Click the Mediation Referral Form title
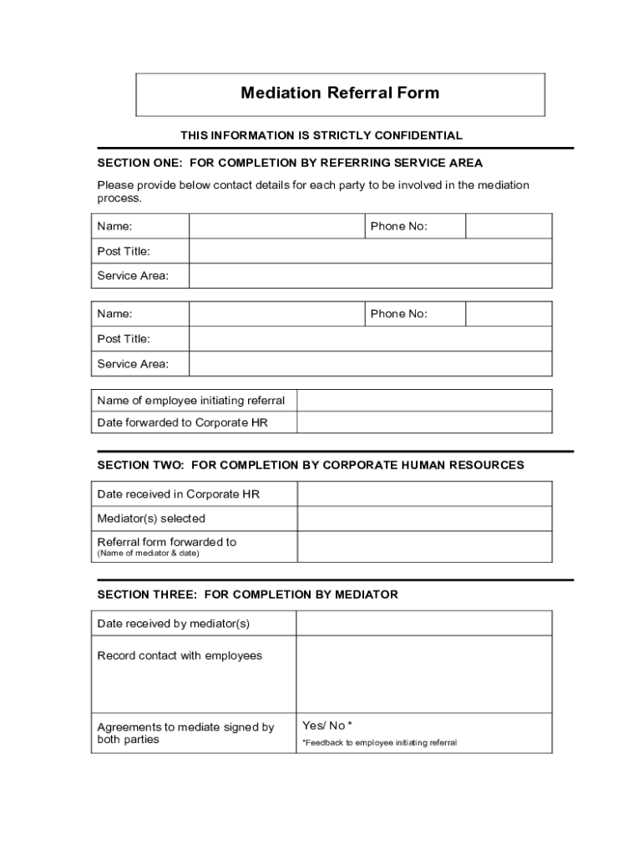[340, 93]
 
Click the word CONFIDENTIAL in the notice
[419, 135]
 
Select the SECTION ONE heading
[290, 163]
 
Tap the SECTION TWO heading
[311, 465]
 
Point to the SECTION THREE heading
[247, 594]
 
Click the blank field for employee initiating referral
[424, 401]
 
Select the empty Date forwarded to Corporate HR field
[424, 422]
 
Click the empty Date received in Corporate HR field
[424, 494]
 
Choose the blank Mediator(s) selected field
[424, 519]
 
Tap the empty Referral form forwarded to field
[424, 546]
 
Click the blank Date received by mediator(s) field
[424, 624]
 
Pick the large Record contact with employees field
[424, 674]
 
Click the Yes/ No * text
[327, 726]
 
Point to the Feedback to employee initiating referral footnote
[379, 742]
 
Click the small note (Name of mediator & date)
[149, 554]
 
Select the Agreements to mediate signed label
[185, 733]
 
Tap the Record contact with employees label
[180, 655]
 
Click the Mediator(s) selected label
[151, 519]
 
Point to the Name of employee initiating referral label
[191, 401]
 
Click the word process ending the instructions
[119, 199]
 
